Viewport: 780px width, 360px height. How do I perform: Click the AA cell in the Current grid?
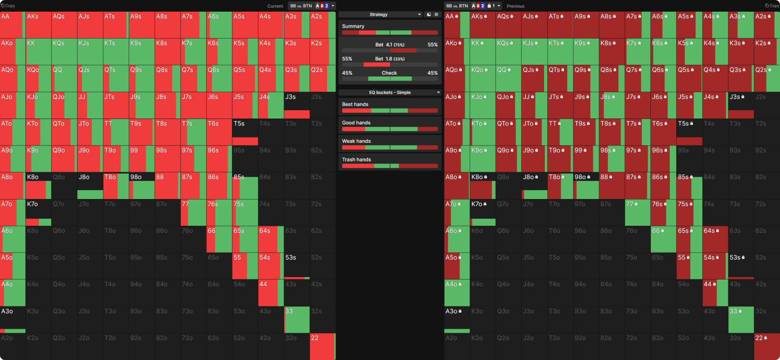12,24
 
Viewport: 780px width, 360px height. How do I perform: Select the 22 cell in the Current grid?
322,346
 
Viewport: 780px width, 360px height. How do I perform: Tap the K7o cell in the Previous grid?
483,212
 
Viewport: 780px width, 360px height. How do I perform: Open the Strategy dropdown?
380,15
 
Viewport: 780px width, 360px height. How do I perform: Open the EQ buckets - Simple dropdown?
390,92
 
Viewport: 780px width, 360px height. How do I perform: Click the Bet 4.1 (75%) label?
390,45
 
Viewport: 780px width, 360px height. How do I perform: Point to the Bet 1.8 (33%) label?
390,59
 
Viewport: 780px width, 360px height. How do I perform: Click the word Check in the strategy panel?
389,73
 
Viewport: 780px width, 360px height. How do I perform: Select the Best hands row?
390,107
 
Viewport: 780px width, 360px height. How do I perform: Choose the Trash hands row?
390,162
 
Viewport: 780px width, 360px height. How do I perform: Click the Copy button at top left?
8,6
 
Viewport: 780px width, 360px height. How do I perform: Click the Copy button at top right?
772,6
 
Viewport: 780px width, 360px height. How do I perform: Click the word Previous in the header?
515,6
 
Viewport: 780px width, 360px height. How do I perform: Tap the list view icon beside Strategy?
436,15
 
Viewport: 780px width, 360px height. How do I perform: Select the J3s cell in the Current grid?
297,105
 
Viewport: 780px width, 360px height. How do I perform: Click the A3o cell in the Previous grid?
457,320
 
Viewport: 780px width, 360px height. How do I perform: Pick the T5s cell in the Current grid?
245,132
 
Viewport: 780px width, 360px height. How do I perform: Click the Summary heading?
353,26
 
